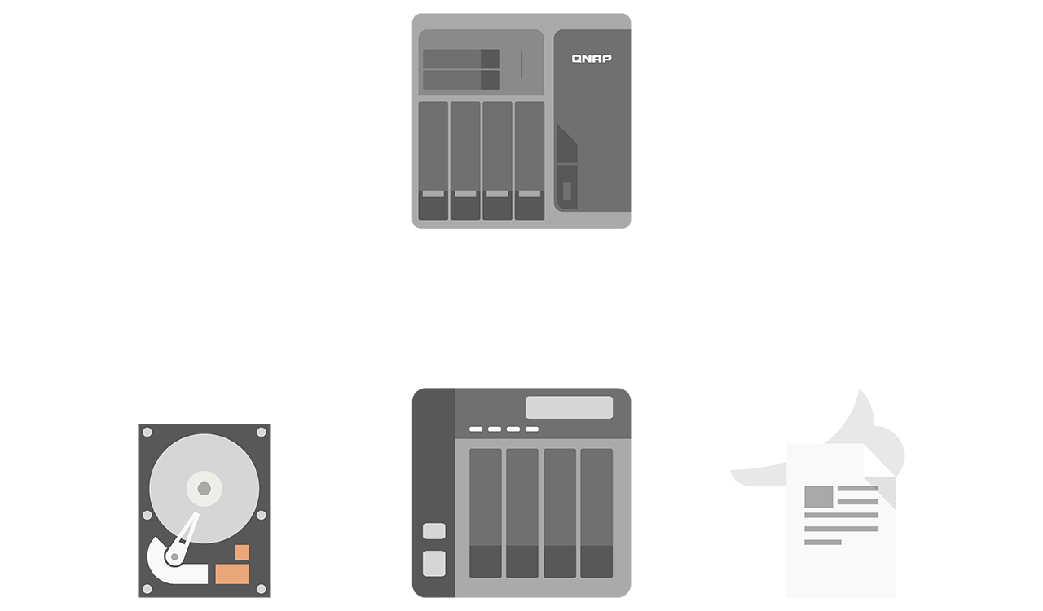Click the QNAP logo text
coord(592,59)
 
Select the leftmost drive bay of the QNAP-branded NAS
coord(433,160)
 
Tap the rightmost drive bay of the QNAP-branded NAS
coord(530,160)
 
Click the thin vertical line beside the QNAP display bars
coord(521,64)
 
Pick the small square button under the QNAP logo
coord(567,191)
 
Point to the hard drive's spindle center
coord(204,488)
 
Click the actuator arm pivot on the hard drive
coord(174,557)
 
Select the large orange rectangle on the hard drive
coord(232,574)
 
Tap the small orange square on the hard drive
coord(242,552)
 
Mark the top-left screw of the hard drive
coord(147,432)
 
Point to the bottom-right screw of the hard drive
coord(262,588)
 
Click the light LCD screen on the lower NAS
coord(569,407)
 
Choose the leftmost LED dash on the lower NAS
coord(476,429)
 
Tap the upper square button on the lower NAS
coord(434,531)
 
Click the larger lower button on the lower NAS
coord(434,563)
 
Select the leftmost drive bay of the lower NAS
coord(486,512)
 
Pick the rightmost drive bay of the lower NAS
coord(596,512)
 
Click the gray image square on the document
coord(818,496)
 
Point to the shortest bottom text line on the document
coord(822,542)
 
